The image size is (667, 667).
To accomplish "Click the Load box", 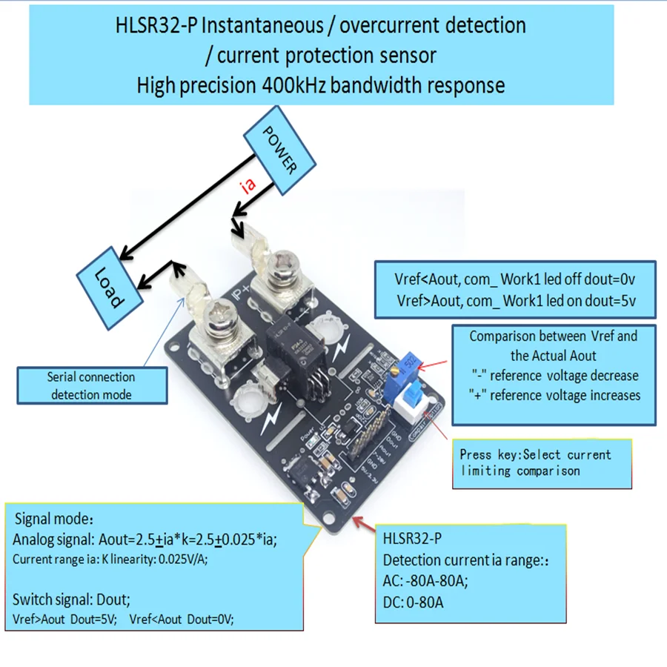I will (110, 288).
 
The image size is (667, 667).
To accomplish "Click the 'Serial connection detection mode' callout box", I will (91, 385).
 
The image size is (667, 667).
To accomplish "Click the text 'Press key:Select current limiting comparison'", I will (535, 462).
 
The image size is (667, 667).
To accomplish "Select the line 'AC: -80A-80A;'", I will (425, 582).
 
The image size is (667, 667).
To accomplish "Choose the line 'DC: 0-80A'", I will (414, 603).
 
